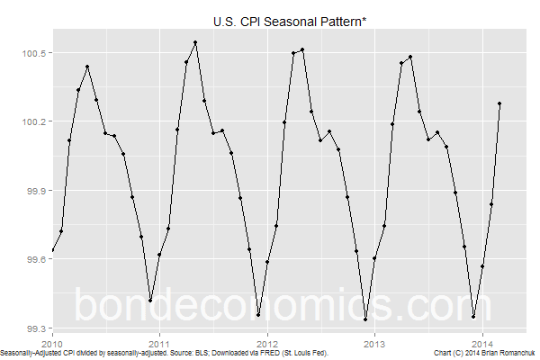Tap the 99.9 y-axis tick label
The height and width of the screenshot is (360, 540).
coord(35,191)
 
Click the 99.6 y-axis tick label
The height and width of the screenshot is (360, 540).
coord(35,259)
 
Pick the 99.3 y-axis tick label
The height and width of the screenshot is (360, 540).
coord(35,328)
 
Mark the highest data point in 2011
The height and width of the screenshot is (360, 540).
coord(195,42)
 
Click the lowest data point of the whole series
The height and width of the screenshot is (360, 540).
coord(365,319)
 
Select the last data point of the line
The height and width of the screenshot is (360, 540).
coord(499,103)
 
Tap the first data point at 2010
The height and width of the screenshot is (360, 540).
coord(52,250)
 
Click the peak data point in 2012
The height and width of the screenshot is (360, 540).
coord(302,49)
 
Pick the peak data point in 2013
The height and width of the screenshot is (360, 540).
coord(410,57)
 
